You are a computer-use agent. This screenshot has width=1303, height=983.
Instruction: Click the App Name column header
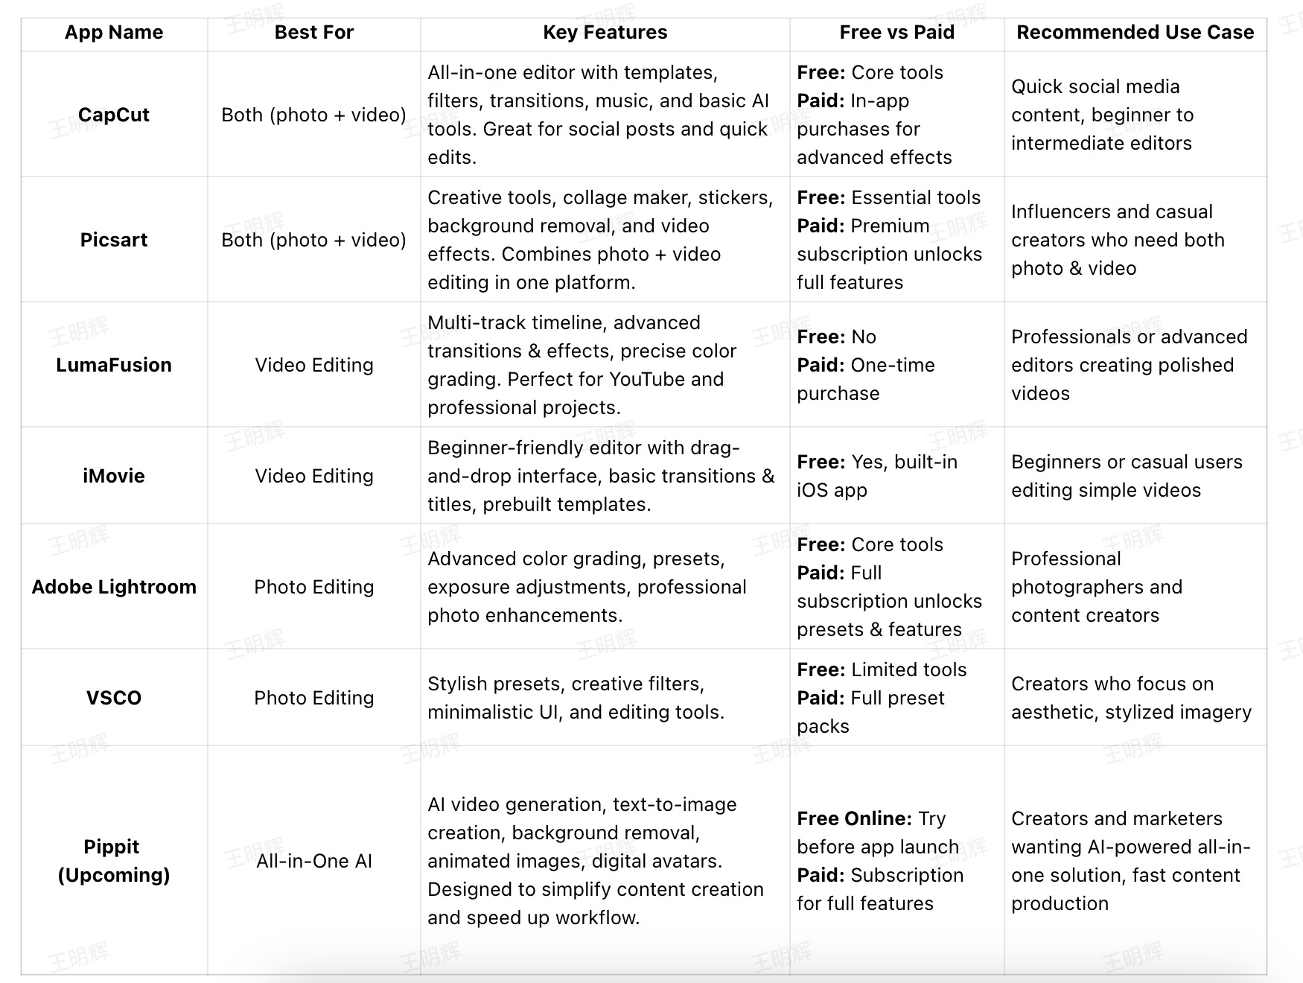coord(114,33)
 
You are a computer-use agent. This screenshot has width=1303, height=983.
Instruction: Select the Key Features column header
coord(605,33)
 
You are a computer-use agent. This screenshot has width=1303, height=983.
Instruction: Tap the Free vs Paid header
coord(896,33)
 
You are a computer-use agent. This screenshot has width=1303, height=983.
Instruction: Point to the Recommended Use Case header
coord(1135,33)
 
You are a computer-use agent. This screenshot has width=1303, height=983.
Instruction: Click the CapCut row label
coord(114,115)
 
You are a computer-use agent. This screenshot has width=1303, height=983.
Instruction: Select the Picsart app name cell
coord(114,241)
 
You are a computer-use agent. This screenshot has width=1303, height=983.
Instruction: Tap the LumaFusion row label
coord(114,366)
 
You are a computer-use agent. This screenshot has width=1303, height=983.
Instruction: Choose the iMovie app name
coord(114,477)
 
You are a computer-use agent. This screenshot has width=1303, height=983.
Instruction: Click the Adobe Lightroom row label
coord(114,588)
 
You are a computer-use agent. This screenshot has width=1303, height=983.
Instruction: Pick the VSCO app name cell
coord(114,699)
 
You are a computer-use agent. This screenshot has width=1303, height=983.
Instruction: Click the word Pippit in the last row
coord(112,847)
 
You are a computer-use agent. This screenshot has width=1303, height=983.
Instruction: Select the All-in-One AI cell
coord(313,862)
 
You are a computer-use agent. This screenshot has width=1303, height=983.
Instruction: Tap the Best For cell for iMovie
coord(313,477)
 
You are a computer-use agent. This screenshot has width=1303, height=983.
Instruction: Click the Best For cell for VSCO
coord(313,699)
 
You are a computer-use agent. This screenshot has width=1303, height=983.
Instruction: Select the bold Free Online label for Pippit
coord(854,819)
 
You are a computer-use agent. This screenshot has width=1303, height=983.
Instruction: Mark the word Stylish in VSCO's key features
coord(456,684)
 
